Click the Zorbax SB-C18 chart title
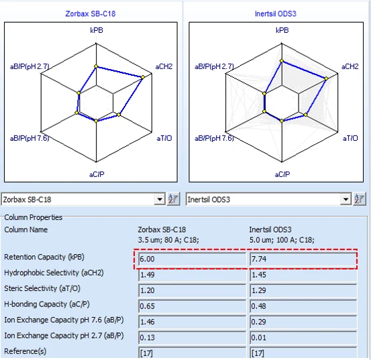tap(91, 13)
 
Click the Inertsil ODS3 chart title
tap(276, 13)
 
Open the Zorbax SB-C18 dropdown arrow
tap(160, 199)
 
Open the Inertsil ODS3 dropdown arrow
tap(346, 199)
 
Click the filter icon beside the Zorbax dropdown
tap(173, 199)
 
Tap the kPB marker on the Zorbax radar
tap(96, 66)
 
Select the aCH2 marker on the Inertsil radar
tap(326, 78)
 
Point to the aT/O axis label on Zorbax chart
tap(164, 138)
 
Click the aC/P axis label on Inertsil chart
tap(282, 174)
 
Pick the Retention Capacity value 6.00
tap(147, 259)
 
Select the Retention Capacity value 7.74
tap(258, 259)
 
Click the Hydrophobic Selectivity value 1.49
tap(147, 275)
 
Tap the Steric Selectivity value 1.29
tap(258, 290)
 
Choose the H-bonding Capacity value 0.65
tap(147, 306)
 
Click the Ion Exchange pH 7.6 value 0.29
tap(258, 322)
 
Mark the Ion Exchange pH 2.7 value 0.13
tap(147, 338)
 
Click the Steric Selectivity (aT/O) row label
tap(42, 289)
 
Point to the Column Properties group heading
tap(34, 217)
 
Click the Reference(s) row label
tap(25, 351)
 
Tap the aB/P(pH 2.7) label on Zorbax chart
tap(30, 66)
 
